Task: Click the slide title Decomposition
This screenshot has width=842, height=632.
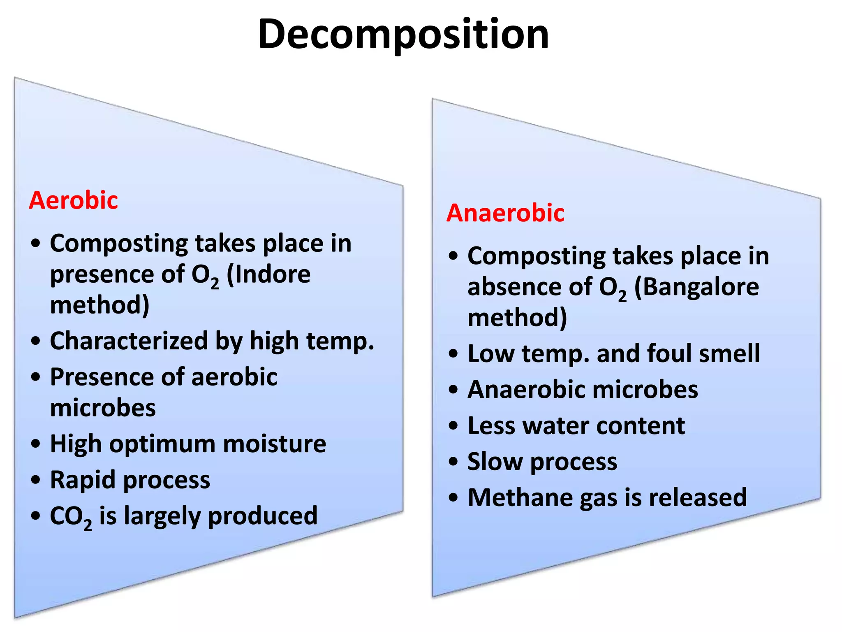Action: click(x=403, y=35)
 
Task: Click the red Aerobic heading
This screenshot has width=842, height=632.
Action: click(x=74, y=201)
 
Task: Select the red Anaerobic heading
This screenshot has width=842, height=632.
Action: click(x=505, y=214)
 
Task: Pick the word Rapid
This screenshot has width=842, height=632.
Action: click(x=83, y=480)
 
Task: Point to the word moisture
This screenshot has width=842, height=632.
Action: click(x=275, y=444)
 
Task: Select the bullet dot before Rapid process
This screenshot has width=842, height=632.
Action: click(x=36, y=480)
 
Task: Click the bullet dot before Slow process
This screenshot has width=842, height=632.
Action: click(x=453, y=462)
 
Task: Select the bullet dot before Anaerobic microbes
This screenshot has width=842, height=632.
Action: click(x=453, y=389)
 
